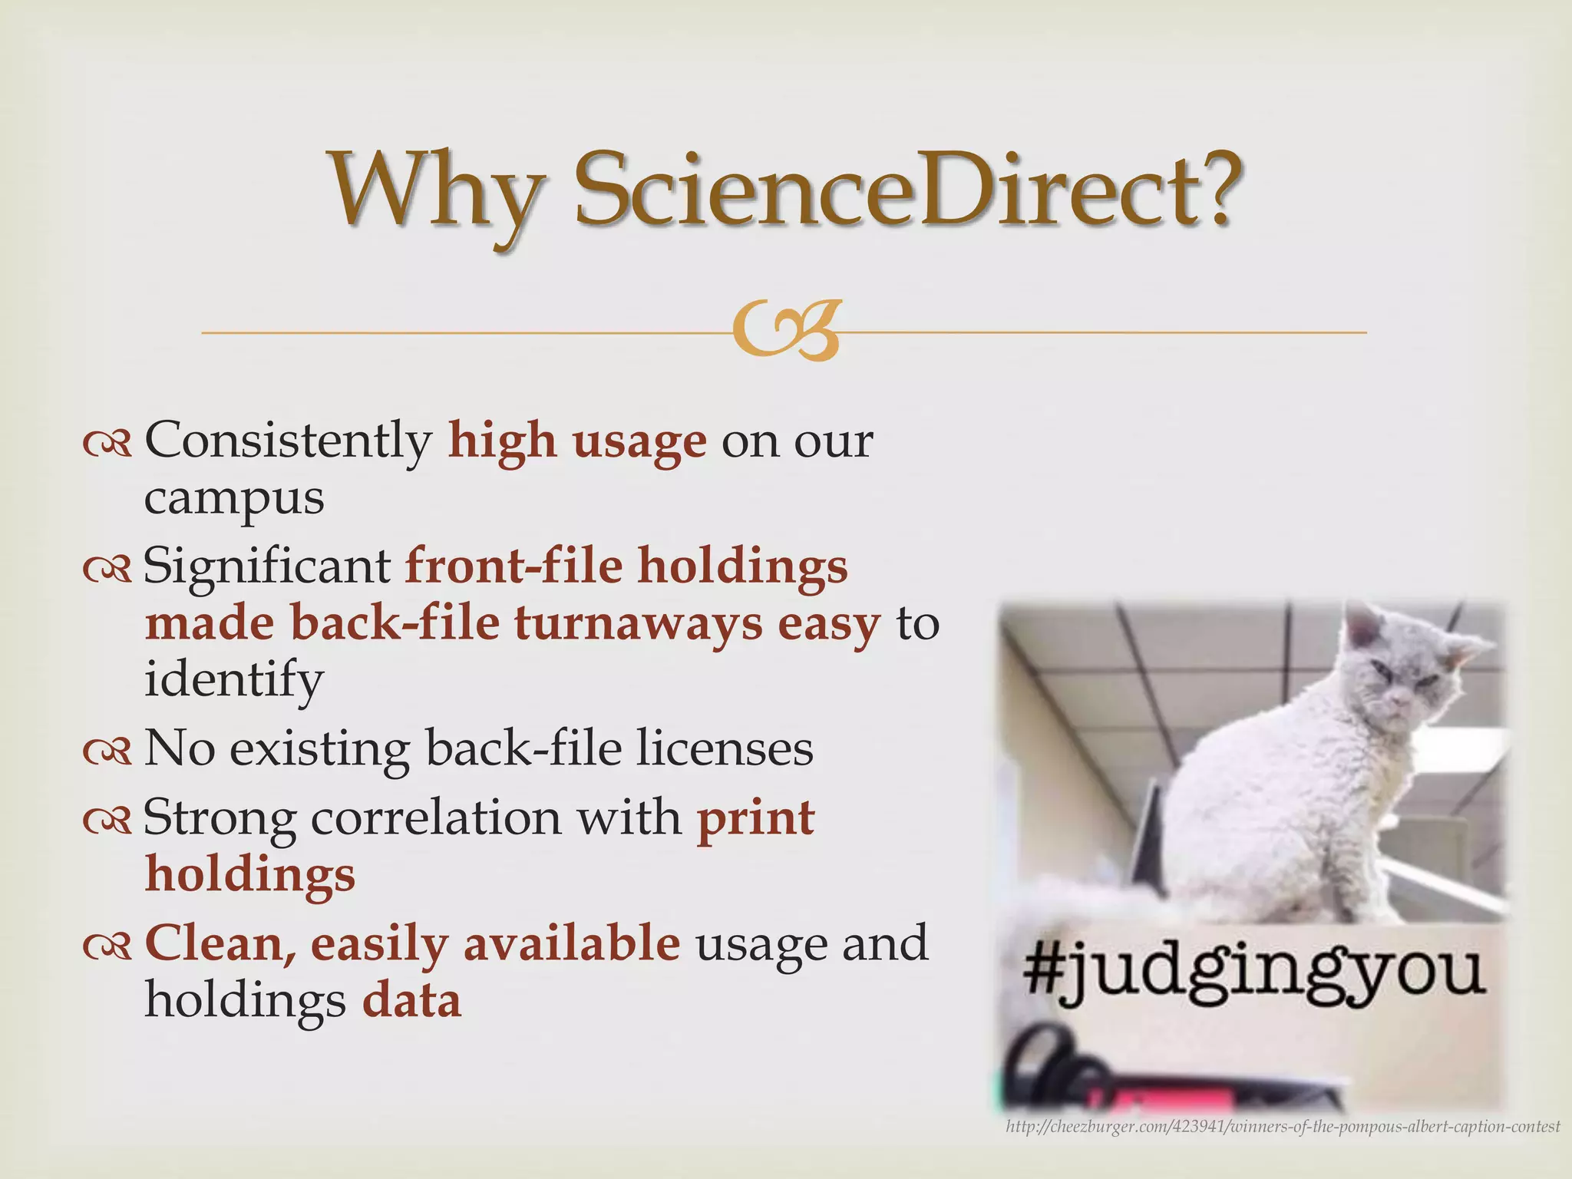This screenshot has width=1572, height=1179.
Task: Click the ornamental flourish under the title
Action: coord(784,332)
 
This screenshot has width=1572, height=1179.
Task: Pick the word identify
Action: coord(234,680)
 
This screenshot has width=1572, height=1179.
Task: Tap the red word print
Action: coord(755,818)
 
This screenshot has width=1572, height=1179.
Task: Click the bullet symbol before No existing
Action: coord(107,753)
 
